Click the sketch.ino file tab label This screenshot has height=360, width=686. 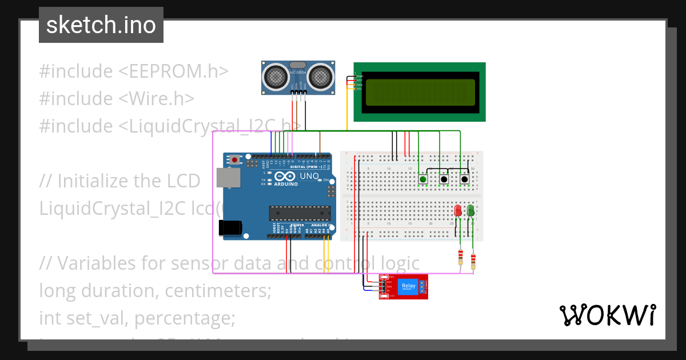point(101,25)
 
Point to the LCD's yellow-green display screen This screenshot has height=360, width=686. point(420,91)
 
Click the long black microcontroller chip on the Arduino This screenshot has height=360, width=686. point(300,213)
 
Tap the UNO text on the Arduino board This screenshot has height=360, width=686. point(309,176)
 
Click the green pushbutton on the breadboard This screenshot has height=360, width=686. point(422,179)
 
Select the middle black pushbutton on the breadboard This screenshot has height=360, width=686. point(444,179)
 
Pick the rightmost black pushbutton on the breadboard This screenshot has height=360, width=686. point(464,179)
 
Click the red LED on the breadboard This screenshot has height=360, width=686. point(458,211)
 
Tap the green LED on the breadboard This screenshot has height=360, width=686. point(470,211)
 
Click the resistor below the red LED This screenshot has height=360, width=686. point(460,258)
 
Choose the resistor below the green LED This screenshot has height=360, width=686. point(473,261)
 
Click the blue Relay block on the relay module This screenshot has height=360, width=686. point(408,287)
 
